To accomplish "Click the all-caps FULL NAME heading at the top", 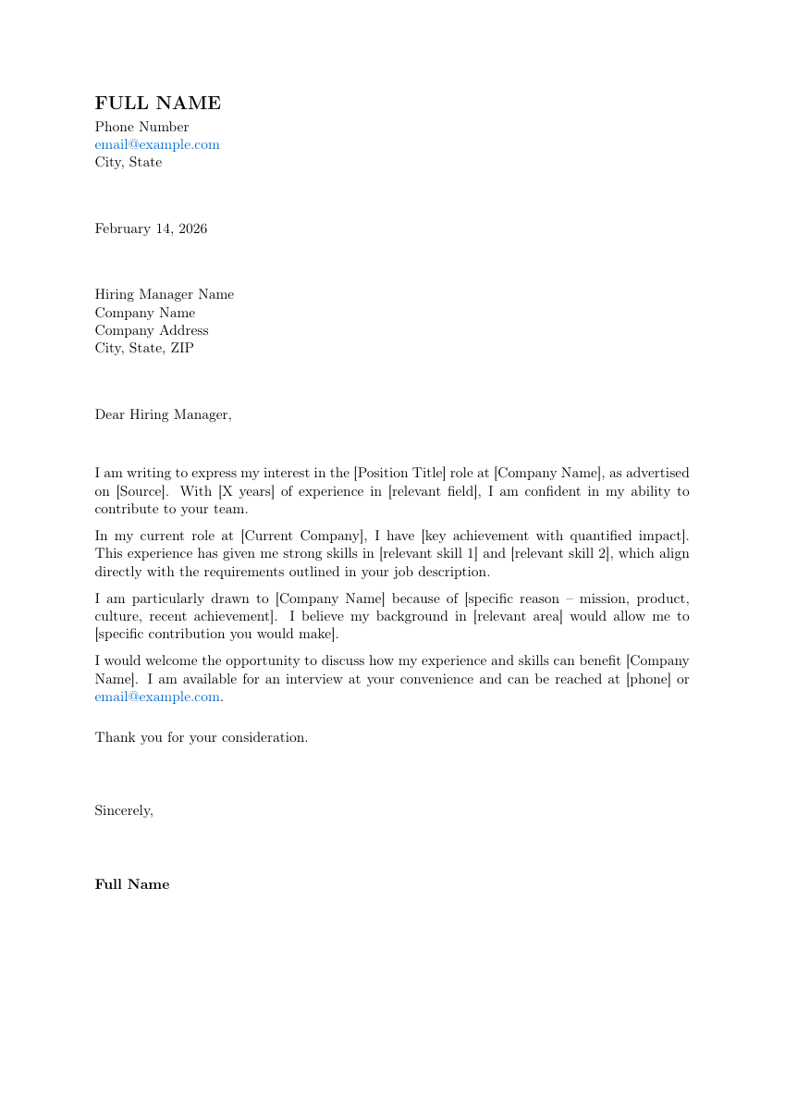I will [157, 104].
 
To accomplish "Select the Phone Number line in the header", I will [141, 127].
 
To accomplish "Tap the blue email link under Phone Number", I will [157, 144].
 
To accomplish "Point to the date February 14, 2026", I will [151, 228].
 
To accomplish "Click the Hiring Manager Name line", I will [164, 294].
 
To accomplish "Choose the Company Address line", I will [151, 330].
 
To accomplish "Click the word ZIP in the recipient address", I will [182, 349].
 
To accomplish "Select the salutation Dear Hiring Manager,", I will [163, 414].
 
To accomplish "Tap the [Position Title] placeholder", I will [399, 473].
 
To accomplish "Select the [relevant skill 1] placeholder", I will [428, 554].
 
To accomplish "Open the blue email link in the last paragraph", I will [157, 697].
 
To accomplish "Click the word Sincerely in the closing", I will [123, 810].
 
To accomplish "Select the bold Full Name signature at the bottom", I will [132, 884].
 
